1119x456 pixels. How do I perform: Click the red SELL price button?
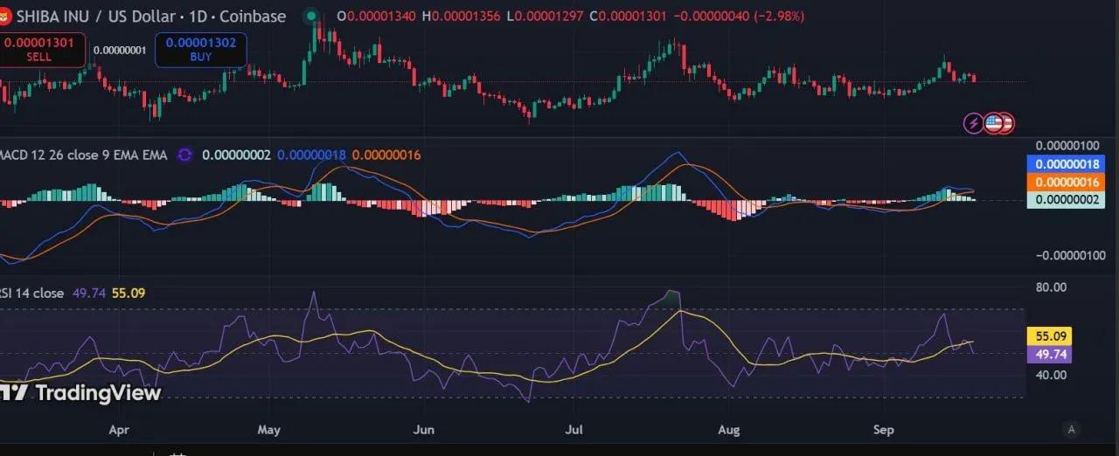(43, 49)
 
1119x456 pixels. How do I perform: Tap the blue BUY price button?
(200, 49)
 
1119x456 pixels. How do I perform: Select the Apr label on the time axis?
(120, 430)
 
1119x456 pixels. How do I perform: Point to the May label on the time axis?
(269, 430)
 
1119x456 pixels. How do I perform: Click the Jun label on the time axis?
(423, 430)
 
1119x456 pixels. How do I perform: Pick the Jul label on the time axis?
(574, 430)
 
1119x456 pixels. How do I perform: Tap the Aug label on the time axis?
(728, 430)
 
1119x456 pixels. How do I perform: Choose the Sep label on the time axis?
(885, 430)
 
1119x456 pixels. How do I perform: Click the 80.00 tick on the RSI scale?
(1050, 287)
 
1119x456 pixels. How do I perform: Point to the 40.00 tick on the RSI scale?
(1050, 376)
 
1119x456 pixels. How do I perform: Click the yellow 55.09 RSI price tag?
(1048, 336)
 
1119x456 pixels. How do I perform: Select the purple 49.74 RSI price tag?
(1048, 355)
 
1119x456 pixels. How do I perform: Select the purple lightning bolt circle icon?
(973, 123)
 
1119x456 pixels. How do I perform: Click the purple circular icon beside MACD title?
(184, 155)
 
